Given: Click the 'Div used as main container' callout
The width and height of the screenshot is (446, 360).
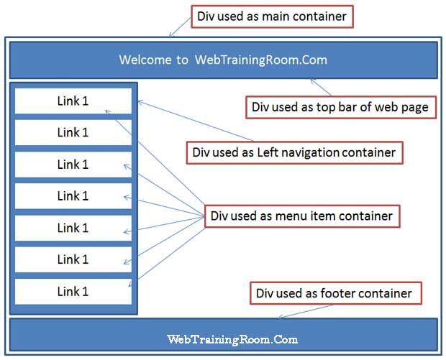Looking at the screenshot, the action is pyautogui.click(x=272, y=17).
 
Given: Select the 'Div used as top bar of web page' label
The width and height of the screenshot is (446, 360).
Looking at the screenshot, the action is pyautogui.click(x=341, y=107).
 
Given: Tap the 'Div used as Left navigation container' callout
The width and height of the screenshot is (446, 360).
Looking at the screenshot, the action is pyautogui.click(x=295, y=152).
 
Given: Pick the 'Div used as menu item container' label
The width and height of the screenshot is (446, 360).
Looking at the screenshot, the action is pyautogui.click(x=302, y=216).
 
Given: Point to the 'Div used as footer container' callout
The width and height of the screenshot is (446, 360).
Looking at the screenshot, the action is pyautogui.click(x=336, y=293).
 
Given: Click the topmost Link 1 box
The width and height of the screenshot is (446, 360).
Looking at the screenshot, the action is pyautogui.click(x=73, y=101).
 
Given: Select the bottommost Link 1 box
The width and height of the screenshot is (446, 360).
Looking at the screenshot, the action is pyautogui.click(x=73, y=292).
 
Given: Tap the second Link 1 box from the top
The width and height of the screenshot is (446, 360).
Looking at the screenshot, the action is pyautogui.click(x=73, y=132).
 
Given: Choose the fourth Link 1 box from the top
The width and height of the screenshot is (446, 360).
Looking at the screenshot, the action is pyautogui.click(x=73, y=196).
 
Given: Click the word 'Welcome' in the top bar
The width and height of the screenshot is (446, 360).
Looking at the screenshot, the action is pyautogui.click(x=145, y=60).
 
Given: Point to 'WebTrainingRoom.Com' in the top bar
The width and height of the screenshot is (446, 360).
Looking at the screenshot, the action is pyautogui.click(x=261, y=60).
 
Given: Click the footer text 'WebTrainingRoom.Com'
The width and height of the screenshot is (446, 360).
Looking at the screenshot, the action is pyautogui.click(x=232, y=340).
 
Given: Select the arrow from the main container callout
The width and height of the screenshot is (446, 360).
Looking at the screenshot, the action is pyautogui.click(x=180, y=27).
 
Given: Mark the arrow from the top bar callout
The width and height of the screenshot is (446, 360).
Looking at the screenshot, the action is pyautogui.click(x=321, y=87).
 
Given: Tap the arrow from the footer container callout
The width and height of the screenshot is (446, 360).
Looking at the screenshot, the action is pyautogui.click(x=306, y=311).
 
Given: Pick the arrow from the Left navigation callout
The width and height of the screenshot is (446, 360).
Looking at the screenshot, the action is pyautogui.click(x=195, y=121).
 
